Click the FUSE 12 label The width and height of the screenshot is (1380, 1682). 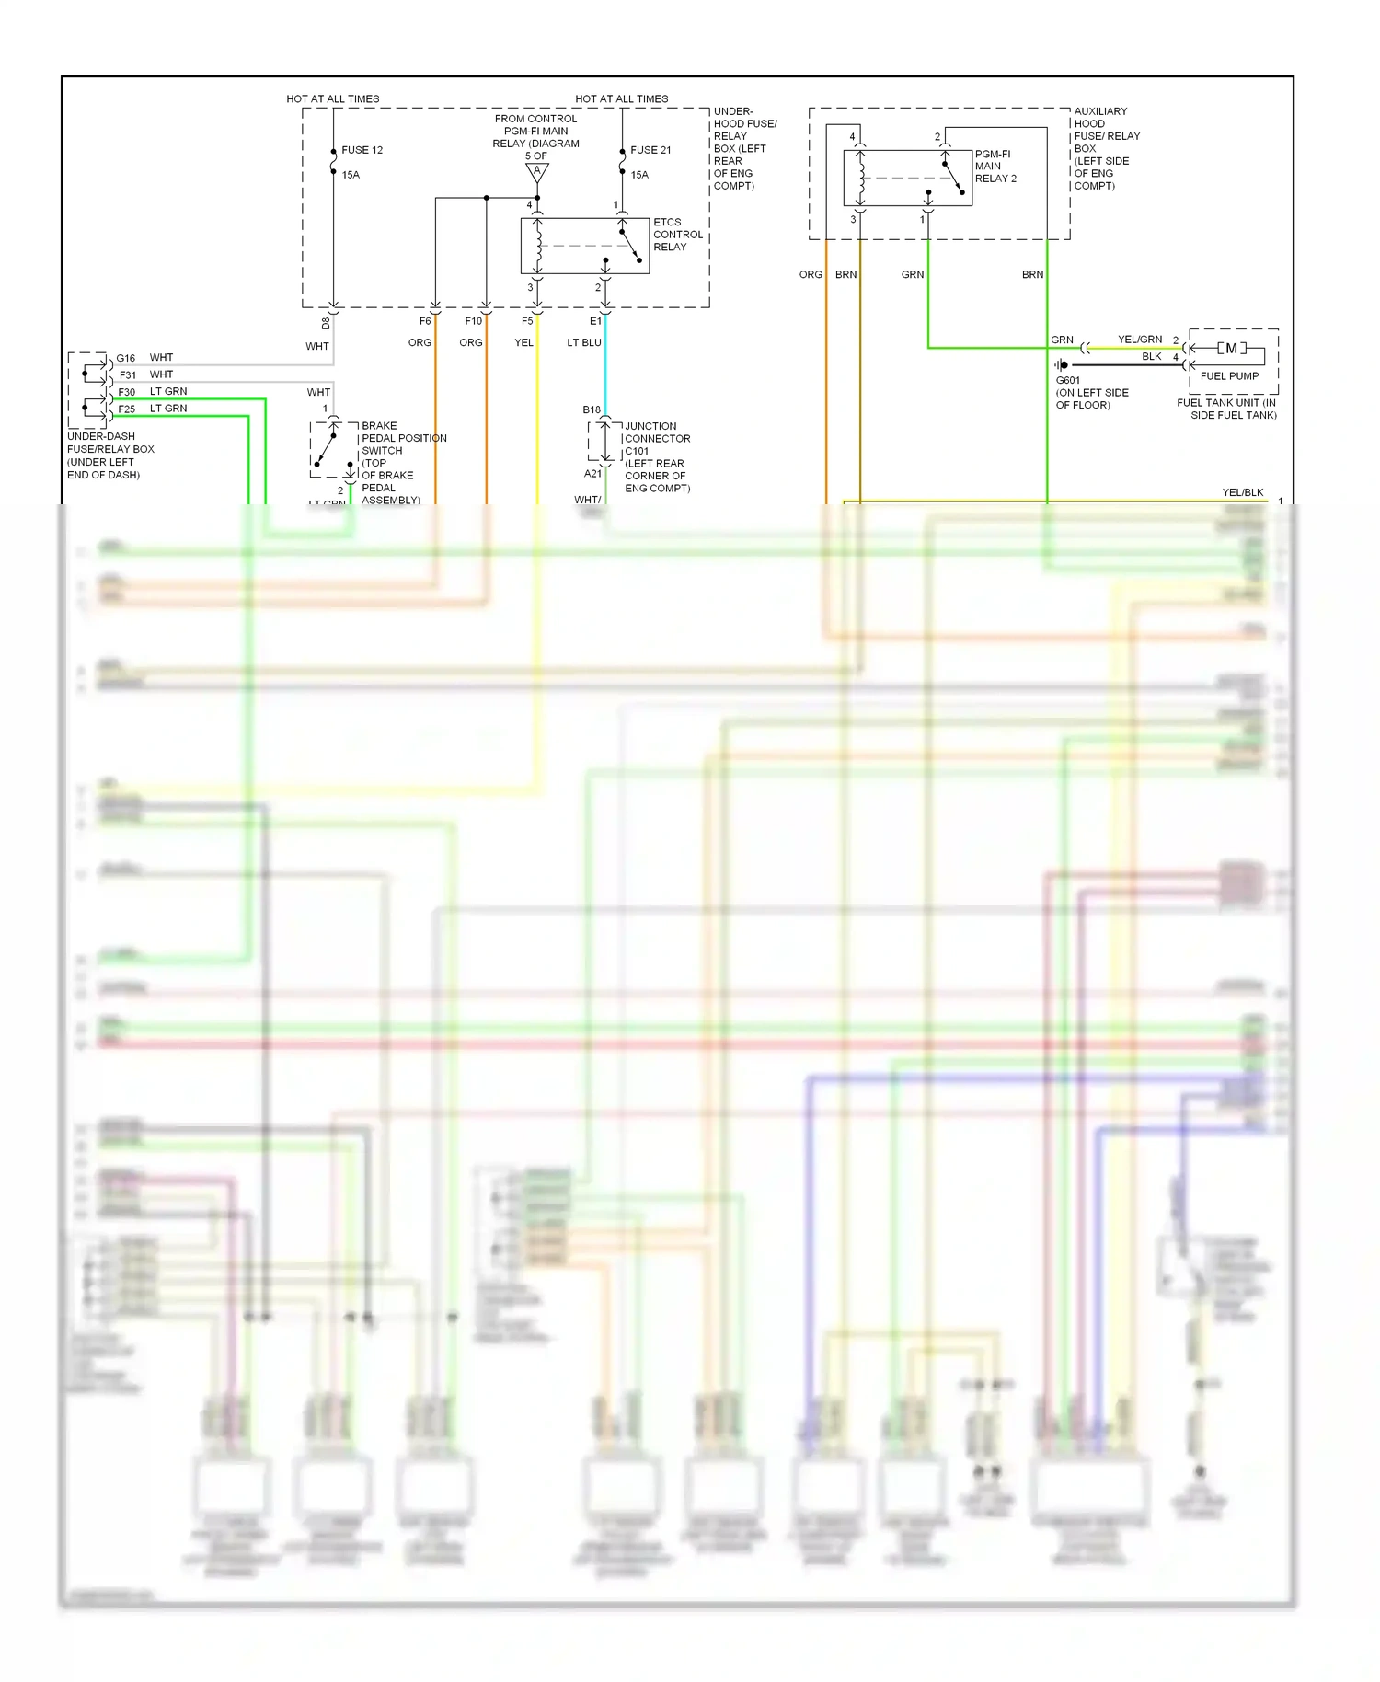[x=362, y=150]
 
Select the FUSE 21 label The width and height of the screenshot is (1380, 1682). [x=650, y=150]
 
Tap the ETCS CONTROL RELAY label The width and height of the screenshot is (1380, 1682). [x=677, y=235]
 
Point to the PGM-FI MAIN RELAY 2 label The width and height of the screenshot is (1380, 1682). [x=995, y=167]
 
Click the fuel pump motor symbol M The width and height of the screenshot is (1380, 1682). [x=1231, y=349]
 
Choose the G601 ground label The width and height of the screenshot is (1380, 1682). [x=1068, y=380]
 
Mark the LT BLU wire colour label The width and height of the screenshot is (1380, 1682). [x=584, y=342]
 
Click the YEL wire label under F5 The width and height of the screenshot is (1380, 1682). [x=523, y=342]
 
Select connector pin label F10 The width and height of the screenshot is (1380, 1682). [x=473, y=321]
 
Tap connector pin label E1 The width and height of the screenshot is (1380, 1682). [x=595, y=321]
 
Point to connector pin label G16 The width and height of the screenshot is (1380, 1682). [x=126, y=358]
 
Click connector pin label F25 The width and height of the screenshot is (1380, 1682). [x=126, y=409]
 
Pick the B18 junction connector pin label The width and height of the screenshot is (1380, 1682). [x=592, y=409]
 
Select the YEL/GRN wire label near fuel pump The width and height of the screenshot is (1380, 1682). [x=1140, y=340]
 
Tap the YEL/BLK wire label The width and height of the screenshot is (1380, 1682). [x=1243, y=492]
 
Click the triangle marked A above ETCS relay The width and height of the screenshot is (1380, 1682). [x=537, y=171]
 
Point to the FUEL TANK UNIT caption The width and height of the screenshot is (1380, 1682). [x=1227, y=409]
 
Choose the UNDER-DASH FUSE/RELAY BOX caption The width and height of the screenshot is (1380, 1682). [x=109, y=455]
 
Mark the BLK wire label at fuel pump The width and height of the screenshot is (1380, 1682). [x=1152, y=357]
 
